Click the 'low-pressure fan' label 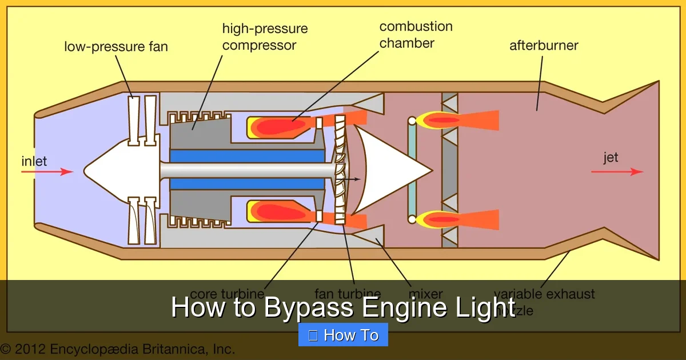[116, 46]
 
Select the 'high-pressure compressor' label [265, 37]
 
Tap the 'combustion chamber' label [416, 34]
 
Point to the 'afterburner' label [544, 45]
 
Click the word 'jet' [611, 157]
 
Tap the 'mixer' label [426, 294]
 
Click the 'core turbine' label [227, 294]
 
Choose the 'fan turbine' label [348, 294]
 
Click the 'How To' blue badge [343, 335]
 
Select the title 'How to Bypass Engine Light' [343, 307]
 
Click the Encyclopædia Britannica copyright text [118, 349]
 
